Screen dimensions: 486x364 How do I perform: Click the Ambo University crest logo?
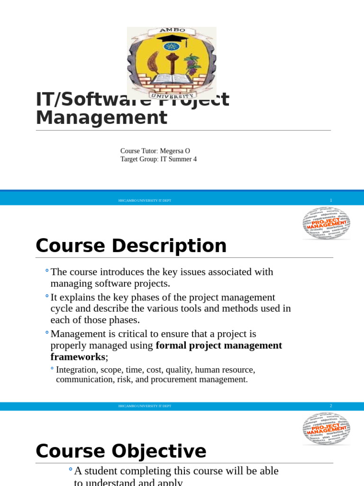[x=171, y=63]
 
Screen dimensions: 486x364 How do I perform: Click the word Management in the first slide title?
[x=101, y=118]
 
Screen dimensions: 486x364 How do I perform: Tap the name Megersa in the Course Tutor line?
[x=172, y=151]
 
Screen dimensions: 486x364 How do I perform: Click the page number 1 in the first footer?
[x=331, y=200]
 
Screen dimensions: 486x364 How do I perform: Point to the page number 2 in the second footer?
[x=331, y=406]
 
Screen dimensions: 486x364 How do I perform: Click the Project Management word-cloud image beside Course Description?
[x=327, y=223]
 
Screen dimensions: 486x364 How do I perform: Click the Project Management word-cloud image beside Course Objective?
[x=327, y=429]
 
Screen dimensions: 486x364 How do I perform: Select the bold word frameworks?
[x=78, y=357]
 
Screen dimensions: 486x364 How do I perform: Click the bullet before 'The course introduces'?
[x=47, y=271]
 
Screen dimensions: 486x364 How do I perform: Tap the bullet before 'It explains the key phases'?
[x=47, y=296]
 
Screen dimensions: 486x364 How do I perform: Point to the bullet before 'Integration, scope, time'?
[x=52, y=368]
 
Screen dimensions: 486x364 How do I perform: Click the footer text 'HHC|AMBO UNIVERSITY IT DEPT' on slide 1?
[x=145, y=201]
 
